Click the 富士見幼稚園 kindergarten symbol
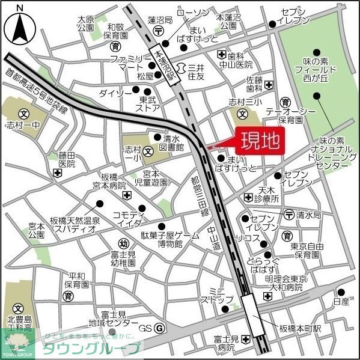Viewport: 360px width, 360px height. [x=123, y=244]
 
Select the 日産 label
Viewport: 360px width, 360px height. [x=341, y=301]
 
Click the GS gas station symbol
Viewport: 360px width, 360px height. [x=159, y=328]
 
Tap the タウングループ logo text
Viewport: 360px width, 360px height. [x=90, y=348]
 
